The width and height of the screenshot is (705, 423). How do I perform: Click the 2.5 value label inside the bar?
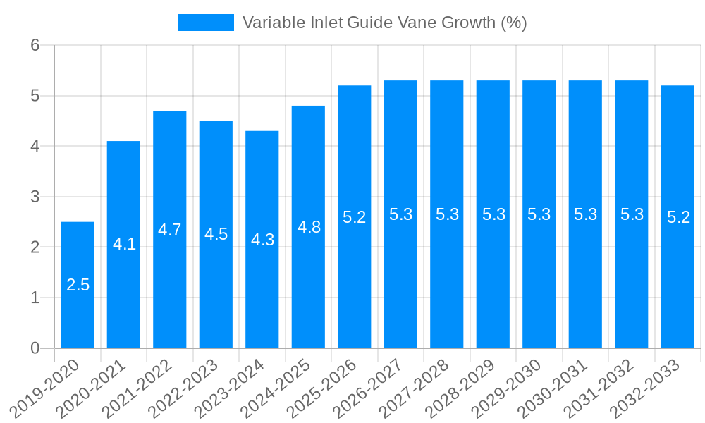pyautogui.click(x=78, y=285)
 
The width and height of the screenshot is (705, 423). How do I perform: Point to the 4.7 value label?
pyautogui.click(x=170, y=229)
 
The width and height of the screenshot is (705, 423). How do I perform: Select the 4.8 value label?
pyautogui.click(x=309, y=227)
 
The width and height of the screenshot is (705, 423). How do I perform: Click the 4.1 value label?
pyautogui.click(x=124, y=244)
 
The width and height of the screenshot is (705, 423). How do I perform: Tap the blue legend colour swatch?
pyautogui.click(x=205, y=23)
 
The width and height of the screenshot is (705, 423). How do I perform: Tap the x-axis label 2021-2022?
pyautogui.click(x=146, y=388)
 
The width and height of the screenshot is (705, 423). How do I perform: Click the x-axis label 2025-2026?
pyautogui.click(x=331, y=388)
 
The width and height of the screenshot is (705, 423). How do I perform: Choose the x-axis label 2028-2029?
pyautogui.click(x=470, y=388)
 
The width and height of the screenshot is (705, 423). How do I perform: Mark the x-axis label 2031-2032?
pyautogui.click(x=608, y=388)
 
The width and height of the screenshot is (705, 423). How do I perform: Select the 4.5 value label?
pyautogui.click(x=216, y=234)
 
